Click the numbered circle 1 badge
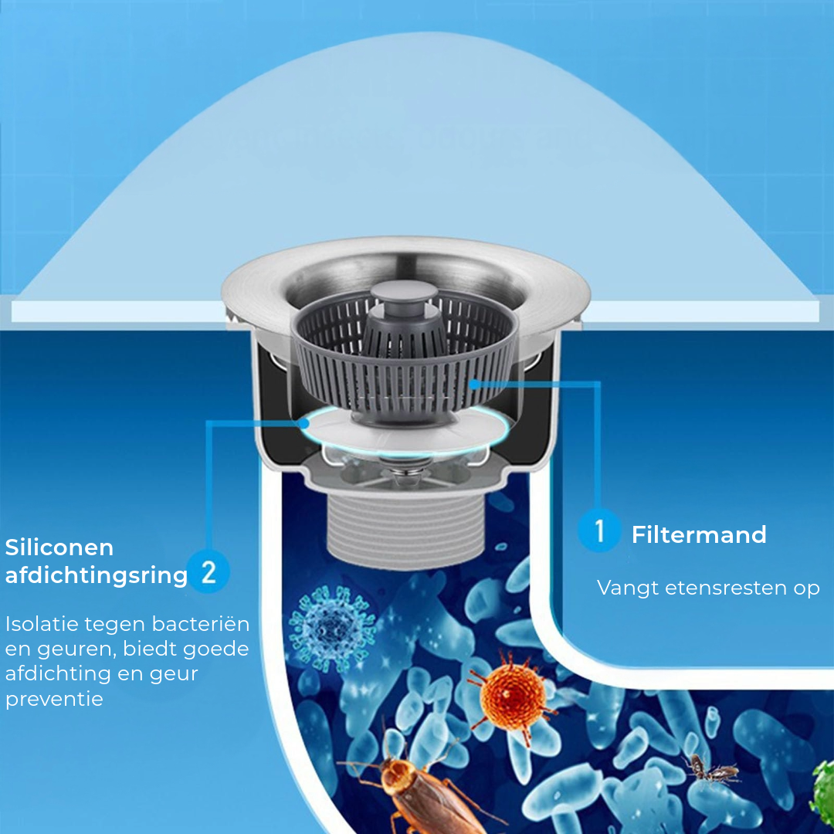(599, 531)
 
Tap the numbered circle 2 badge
(208, 572)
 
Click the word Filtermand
(699, 534)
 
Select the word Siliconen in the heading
(59, 548)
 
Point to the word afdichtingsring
(97, 575)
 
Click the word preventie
(54, 700)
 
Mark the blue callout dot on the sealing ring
(303, 423)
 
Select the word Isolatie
(42, 623)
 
